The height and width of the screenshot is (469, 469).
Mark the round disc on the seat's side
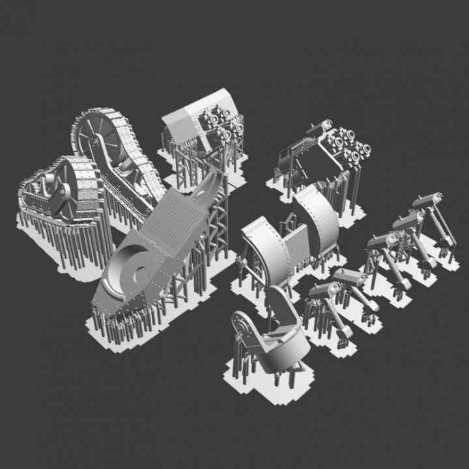(x=242, y=324)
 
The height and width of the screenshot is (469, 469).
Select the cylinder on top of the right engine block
(x=319, y=128)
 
